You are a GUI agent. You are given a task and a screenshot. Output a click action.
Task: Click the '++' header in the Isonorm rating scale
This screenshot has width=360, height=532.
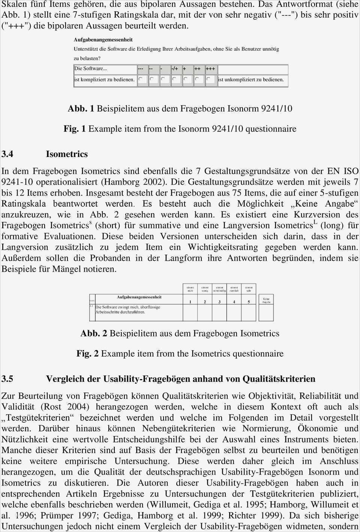(x=198, y=69)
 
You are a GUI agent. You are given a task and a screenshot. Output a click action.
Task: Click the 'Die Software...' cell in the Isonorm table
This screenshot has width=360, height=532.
(x=91, y=69)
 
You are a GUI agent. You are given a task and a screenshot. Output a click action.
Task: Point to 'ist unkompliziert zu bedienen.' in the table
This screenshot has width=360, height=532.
(x=251, y=79)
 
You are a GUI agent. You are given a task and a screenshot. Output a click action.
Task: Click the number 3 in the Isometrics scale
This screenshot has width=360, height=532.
(x=219, y=302)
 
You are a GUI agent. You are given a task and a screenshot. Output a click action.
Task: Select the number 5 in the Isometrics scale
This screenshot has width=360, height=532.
(x=249, y=302)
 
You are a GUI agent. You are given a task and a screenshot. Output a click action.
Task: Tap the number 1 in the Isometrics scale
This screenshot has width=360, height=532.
(x=190, y=302)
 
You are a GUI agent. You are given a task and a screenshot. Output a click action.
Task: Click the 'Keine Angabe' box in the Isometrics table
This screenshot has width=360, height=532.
(x=266, y=300)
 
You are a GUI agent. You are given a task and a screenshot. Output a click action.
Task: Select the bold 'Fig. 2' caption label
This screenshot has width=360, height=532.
(x=87, y=353)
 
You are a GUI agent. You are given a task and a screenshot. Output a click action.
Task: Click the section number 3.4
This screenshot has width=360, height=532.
(x=7, y=154)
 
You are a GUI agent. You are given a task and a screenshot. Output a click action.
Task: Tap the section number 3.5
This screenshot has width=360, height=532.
(x=7, y=379)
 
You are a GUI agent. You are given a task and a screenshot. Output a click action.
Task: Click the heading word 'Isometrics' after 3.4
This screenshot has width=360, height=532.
(x=67, y=154)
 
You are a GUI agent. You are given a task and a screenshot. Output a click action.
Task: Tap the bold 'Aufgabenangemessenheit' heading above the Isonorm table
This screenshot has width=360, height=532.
(x=103, y=40)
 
